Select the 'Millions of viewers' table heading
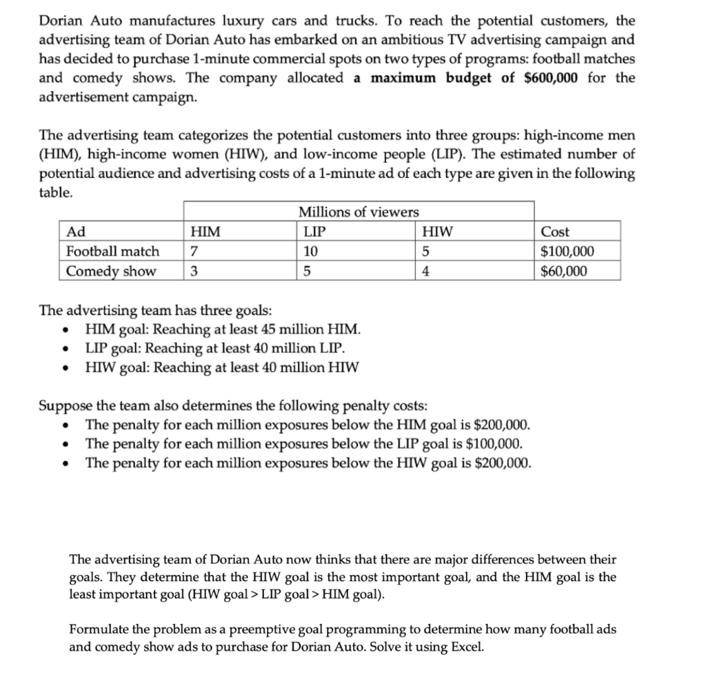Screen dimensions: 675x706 (x=358, y=212)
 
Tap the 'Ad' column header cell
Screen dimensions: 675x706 (x=75, y=232)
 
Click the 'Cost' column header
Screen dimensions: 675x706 (x=555, y=232)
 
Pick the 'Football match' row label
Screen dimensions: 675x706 (x=112, y=251)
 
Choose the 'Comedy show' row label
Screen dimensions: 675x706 (x=111, y=271)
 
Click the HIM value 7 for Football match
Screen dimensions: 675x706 (x=194, y=251)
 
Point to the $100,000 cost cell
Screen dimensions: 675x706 (x=567, y=251)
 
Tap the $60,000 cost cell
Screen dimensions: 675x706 (x=564, y=271)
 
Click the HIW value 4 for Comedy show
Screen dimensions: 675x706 (x=425, y=271)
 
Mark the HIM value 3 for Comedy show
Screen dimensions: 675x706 (x=194, y=271)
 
